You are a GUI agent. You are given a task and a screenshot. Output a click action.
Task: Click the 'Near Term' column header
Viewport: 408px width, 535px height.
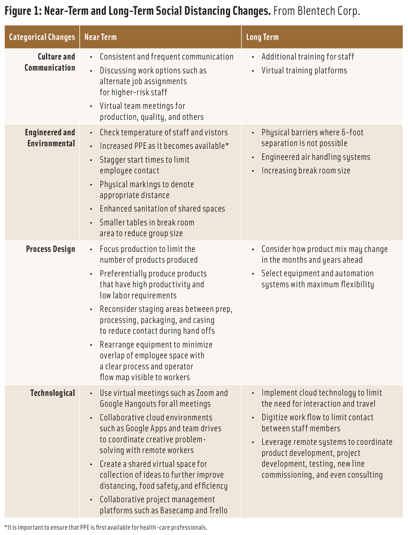pyautogui.click(x=100, y=37)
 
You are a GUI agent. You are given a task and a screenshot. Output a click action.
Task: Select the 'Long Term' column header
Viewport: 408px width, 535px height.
pyautogui.click(x=262, y=37)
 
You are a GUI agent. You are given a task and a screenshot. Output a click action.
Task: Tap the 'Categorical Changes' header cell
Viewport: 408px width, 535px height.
pyautogui.click(x=42, y=37)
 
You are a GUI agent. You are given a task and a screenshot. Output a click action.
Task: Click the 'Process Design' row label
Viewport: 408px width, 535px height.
pyautogui.click(x=51, y=249)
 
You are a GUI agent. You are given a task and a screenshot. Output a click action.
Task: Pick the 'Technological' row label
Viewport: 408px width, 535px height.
pyautogui.click(x=53, y=393)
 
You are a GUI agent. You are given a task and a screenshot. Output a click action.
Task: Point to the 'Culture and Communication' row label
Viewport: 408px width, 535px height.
pyautogui.click(x=50, y=62)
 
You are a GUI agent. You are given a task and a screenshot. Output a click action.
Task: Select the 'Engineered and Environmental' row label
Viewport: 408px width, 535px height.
pyautogui.click(x=50, y=138)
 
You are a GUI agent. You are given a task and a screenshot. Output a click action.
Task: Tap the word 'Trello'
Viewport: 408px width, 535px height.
pyautogui.click(x=216, y=510)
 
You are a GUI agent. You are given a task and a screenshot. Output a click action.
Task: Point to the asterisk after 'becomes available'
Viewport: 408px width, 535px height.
pyautogui.click(x=227, y=145)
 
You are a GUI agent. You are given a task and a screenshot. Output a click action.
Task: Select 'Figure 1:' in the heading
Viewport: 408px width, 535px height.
pyautogui.click(x=23, y=11)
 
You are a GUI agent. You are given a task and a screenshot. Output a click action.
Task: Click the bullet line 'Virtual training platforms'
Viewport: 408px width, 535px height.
pyautogui.click(x=304, y=71)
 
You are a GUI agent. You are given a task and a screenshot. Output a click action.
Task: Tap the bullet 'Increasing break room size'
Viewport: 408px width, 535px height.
pyautogui.click(x=306, y=171)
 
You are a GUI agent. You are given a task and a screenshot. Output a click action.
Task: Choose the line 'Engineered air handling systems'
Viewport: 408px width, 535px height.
pyautogui.click(x=316, y=157)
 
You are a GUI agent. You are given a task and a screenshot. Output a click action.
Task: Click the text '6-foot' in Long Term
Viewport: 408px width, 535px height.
pyautogui.click(x=352, y=133)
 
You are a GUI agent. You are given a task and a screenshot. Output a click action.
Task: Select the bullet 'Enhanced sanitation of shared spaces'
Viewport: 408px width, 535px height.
pyautogui.click(x=162, y=209)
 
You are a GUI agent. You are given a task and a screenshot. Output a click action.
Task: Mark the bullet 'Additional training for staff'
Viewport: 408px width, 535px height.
pyautogui.click(x=307, y=57)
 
